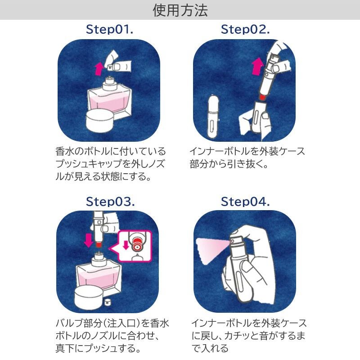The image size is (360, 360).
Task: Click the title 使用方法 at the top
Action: [180, 10]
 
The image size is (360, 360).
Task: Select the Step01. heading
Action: [110, 30]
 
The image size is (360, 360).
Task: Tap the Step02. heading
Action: [245, 30]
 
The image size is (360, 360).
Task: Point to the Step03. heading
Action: [110, 202]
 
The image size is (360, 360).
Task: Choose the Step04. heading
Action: [245, 202]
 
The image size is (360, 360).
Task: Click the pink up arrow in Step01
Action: [99, 70]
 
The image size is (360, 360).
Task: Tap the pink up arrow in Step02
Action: [257, 67]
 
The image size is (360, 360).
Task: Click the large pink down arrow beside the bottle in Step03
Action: [88, 239]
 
